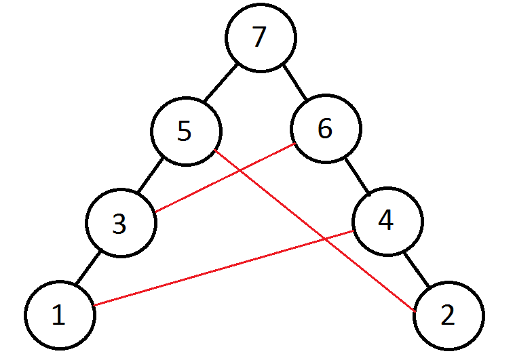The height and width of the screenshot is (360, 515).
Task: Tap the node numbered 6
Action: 326,129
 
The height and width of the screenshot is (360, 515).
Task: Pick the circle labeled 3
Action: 121,224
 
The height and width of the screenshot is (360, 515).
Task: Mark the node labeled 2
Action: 449,316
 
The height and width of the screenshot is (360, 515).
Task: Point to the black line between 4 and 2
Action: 418,268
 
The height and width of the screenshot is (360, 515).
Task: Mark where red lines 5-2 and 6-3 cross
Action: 241,171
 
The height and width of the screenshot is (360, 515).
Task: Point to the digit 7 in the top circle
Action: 259,38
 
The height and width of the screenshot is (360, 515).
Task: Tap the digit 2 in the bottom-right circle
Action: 449,316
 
